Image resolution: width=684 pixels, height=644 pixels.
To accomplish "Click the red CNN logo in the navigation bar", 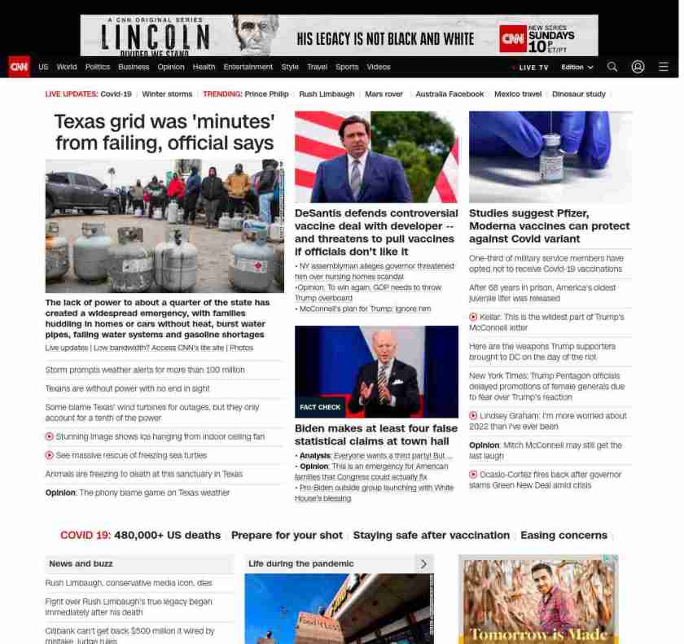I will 19,67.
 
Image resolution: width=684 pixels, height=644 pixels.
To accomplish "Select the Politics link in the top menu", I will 98,67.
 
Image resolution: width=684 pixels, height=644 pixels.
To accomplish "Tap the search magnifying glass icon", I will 612,67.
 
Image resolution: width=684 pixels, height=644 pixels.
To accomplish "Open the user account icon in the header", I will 638,67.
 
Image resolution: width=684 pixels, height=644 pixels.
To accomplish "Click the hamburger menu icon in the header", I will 664,67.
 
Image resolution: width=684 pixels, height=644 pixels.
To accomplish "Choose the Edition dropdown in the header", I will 577,68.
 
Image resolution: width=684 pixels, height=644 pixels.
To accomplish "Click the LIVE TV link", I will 531,68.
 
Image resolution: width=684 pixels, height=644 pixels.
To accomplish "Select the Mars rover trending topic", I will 384,94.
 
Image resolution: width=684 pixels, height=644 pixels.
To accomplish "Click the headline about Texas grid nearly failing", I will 164,133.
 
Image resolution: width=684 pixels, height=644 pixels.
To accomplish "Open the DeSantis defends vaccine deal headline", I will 375,232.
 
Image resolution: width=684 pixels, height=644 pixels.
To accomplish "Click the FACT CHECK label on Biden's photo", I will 320,407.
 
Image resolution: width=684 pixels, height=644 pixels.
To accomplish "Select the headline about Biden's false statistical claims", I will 375,435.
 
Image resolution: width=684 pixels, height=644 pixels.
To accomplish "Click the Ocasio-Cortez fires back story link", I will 550,480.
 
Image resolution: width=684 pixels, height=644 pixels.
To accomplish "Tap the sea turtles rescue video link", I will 131,455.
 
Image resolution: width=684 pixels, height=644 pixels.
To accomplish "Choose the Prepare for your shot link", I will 287,535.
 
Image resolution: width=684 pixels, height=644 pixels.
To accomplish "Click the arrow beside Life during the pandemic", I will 423,563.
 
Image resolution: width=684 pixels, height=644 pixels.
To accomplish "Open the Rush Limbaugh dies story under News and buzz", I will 129,583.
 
